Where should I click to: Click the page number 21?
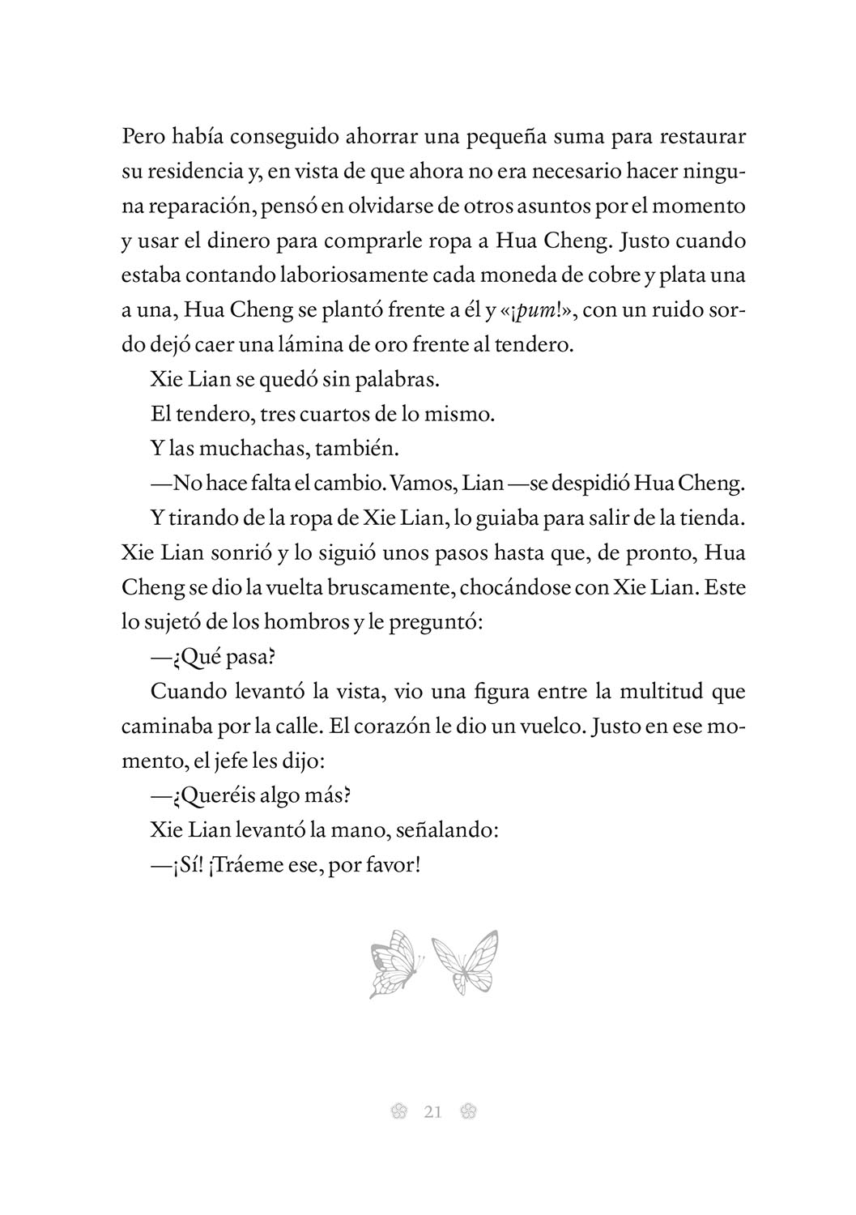(432, 1112)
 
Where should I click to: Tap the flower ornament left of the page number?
(398, 1112)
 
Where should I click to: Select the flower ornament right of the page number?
(466, 1112)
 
